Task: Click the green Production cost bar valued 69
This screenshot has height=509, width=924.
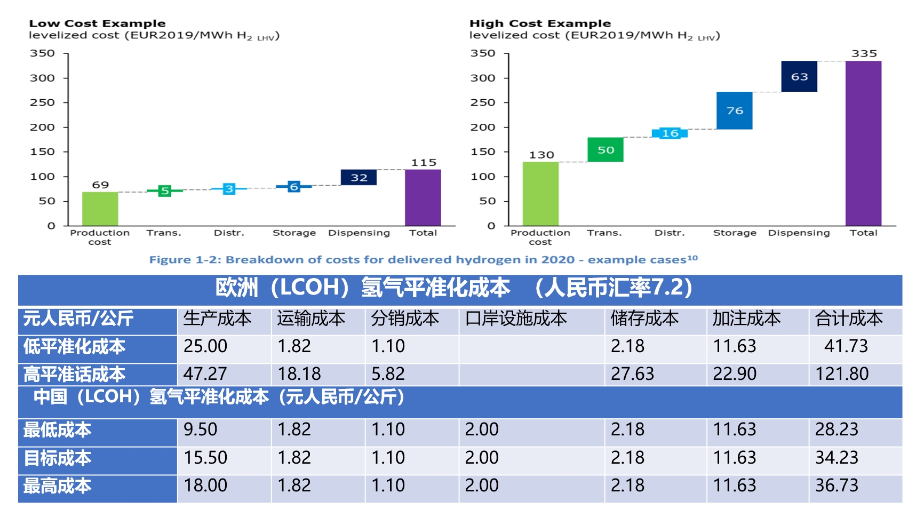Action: tap(100, 209)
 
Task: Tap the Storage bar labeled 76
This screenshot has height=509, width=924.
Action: tap(734, 110)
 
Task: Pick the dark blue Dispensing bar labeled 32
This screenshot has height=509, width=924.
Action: tap(359, 177)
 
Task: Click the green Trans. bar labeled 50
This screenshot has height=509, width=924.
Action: tap(605, 150)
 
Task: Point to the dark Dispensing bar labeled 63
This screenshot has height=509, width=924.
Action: tap(799, 76)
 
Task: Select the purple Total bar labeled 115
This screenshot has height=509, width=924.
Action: tap(423, 197)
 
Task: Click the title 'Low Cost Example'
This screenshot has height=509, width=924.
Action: tap(97, 23)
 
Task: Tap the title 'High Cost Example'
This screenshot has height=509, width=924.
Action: tap(540, 23)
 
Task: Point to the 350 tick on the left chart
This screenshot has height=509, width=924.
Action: tap(42, 53)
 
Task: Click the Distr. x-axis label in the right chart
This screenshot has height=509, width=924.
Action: tap(669, 233)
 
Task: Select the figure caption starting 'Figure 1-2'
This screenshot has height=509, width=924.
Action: tap(423, 260)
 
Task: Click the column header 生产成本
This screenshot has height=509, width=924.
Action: tap(217, 319)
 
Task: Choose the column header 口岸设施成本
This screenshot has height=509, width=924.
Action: tap(516, 319)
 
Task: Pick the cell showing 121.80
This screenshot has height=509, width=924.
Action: tap(842, 374)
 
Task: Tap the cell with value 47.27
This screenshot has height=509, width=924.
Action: tap(205, 374)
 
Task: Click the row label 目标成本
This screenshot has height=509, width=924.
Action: tap(57, 458)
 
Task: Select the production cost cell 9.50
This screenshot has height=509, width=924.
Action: tap(201, 430)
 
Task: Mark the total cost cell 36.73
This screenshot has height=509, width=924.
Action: tap(837, 486)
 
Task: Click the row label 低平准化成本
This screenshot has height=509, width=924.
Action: tap(74, 347)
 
